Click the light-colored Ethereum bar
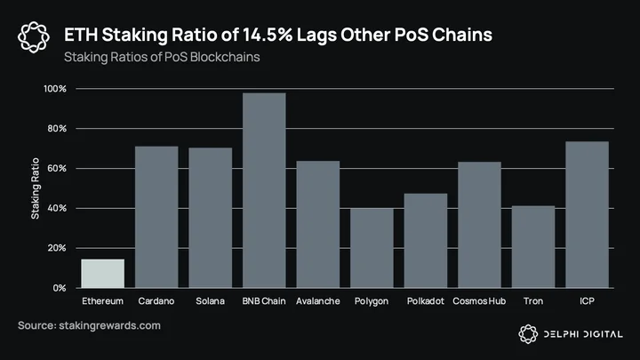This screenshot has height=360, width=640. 103,274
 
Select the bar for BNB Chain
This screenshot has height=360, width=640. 264,190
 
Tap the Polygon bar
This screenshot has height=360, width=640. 372,248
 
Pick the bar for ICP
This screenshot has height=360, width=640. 587,215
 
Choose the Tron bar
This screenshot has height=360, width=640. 533,247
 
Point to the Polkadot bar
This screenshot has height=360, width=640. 426,241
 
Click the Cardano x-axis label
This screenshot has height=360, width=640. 156,301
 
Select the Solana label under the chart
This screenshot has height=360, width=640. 210,301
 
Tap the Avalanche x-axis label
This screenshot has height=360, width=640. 318,301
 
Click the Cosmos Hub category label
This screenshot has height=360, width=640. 479,301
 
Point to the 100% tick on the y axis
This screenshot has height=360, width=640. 55,89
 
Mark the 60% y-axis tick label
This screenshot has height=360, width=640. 57,169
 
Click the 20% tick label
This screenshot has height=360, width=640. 57,248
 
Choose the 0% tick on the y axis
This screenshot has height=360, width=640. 60,288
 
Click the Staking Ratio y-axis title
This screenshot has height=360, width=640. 36,188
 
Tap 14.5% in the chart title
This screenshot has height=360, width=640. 268,35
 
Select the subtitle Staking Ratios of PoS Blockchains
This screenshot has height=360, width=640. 162,57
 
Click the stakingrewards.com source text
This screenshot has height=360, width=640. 110,325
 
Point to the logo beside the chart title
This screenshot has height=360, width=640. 34,37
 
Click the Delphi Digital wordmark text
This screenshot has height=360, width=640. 583,334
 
